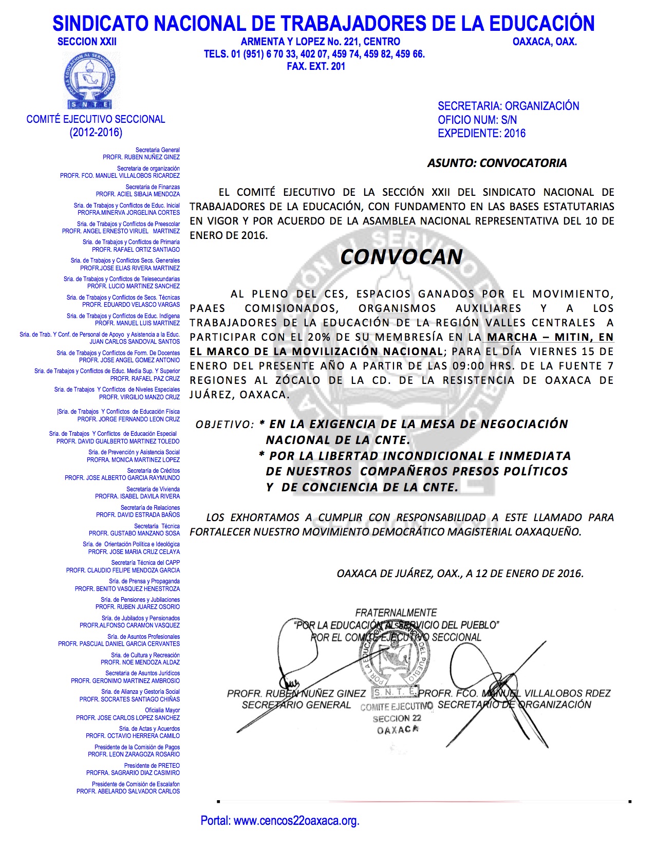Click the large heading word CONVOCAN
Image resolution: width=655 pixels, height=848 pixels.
tap(401, 257)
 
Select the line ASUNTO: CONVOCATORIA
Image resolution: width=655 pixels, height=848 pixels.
tap(497, 163)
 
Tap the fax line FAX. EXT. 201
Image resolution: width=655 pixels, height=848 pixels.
tap(316, 66)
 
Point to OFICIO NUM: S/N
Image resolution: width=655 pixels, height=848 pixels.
tap(477, 120)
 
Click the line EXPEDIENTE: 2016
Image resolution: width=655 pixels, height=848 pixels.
tap(481, 134)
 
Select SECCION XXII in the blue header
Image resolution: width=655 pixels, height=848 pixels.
tap(87, 42)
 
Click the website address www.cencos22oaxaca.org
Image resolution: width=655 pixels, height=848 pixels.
tap(296, 821)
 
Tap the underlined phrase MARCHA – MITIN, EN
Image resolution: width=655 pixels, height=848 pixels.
tap(550, 338)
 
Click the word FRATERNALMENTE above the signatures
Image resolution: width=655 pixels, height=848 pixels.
tap(396, 613)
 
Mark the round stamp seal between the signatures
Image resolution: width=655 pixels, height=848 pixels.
tap(396, 660)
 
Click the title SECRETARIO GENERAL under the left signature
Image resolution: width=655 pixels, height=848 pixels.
tap(296, 705)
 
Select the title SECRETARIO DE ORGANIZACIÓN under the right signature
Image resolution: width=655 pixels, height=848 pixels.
tap(514, 705)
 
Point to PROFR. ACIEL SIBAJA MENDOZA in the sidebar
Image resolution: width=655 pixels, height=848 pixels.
tap(138, 194)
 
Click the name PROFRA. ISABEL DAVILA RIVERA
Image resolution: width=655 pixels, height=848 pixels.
tap(137, 496)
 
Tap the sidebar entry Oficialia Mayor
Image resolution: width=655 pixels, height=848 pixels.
tap(162, 710)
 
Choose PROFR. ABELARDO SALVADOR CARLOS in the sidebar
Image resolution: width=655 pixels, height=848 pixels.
tap(128, 791)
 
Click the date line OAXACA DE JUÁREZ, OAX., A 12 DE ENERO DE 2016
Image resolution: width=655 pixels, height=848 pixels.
tap(460, 574)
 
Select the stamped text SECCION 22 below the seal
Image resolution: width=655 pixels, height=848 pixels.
tap(397, 718)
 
